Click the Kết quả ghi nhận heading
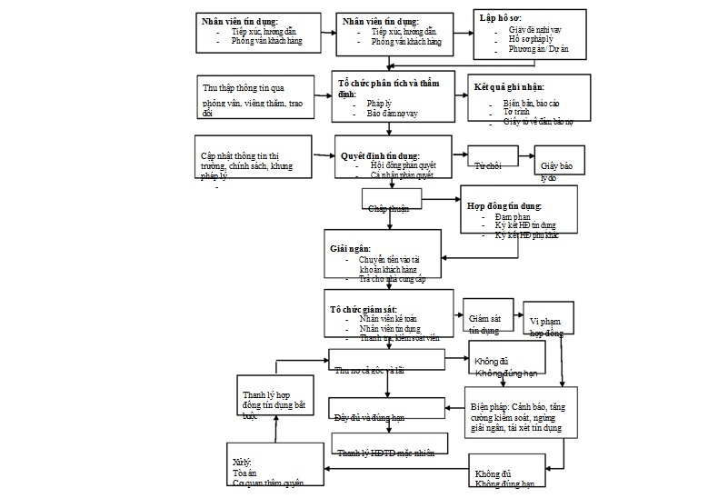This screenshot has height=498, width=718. (x=509, y=87)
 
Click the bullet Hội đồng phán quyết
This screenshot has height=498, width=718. (x=404, y=165)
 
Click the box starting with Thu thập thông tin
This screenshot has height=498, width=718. (x=252, y=97)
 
